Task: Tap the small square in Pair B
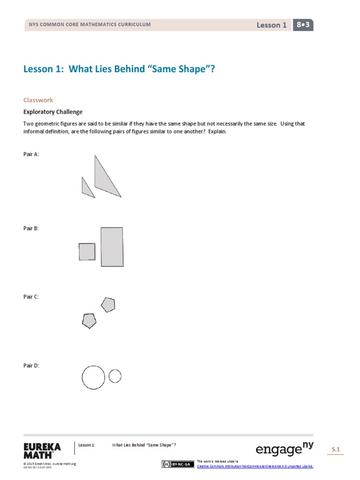(87, 252)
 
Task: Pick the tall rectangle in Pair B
(112, 247)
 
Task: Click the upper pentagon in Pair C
(108, 305)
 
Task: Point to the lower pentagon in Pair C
(89, 321)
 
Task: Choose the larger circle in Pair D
(93, 377)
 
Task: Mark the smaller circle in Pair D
(115, 376)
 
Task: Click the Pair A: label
(31, 154)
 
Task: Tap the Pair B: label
(31, 228)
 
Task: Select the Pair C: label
(31, 297)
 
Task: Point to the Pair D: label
(31, 365)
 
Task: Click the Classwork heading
(38, 100)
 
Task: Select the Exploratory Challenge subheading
(53, 112)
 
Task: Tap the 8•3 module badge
(303, 25)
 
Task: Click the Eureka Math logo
(42, 450)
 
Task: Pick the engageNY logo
(285, 450)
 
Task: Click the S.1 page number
(336, 450)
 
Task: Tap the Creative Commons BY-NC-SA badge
(177, 465)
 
